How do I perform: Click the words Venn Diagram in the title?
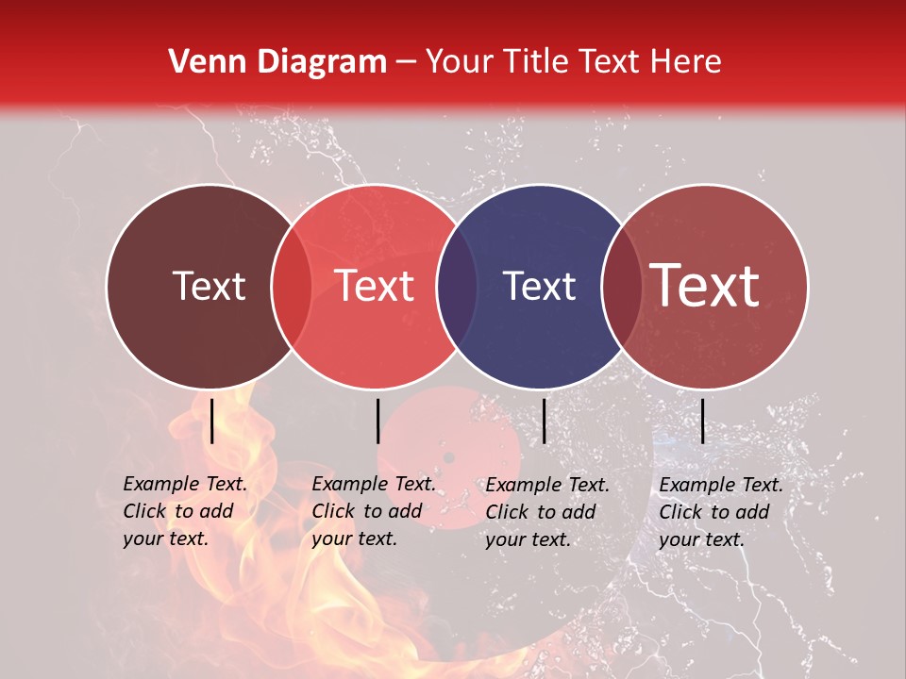tap(277, 62)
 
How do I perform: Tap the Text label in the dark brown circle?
tap(209, 286)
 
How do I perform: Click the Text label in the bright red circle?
tap(375, 286)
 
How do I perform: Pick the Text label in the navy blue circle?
tap(540, 286)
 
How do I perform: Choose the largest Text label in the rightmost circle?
tap(705, 286)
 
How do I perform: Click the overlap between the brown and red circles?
tap(292, 286)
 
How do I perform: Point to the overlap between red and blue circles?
tap(457, 286)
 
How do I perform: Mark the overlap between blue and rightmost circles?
tap(621, 286)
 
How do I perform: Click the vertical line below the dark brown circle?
tap(211, 421)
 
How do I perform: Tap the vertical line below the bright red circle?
tap(377, 421)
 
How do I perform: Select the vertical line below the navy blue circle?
tap(545, 421)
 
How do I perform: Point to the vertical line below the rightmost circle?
tap(702, 421)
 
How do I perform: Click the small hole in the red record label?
tap(448, 458)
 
